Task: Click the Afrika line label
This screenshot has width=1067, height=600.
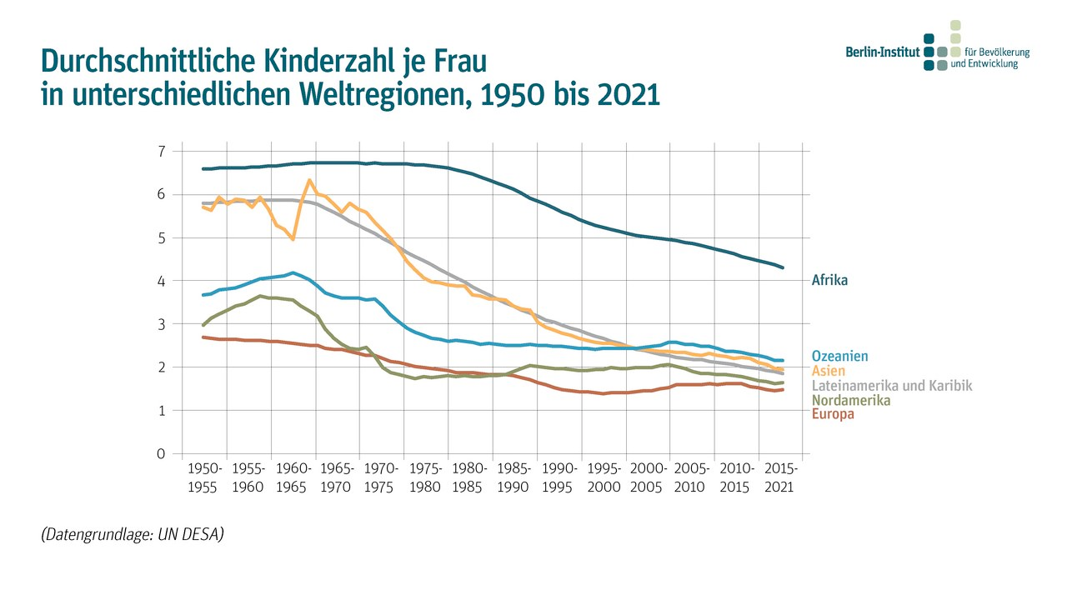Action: coord(829,281)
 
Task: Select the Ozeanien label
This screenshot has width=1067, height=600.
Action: coord(839,357)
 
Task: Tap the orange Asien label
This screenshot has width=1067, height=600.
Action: coord(828,371)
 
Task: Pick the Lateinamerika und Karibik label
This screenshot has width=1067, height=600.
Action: coord(891,386)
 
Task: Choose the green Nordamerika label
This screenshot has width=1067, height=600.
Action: coord(850,401)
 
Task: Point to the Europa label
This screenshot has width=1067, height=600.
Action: coord(833,414)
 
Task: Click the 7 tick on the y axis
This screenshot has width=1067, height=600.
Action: coord(161,151)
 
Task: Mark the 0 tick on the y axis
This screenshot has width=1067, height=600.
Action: coord(161,454)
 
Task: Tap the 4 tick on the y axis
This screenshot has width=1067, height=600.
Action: coord(161,281)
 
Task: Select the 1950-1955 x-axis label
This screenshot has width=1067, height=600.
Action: coord(204,477)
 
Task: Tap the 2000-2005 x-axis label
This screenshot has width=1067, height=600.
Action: coord(649,477)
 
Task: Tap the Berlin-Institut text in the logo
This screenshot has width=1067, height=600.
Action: coord(882,52)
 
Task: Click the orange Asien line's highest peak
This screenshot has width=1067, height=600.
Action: coord(309,180)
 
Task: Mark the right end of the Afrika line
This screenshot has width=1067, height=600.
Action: coord(783,267)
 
